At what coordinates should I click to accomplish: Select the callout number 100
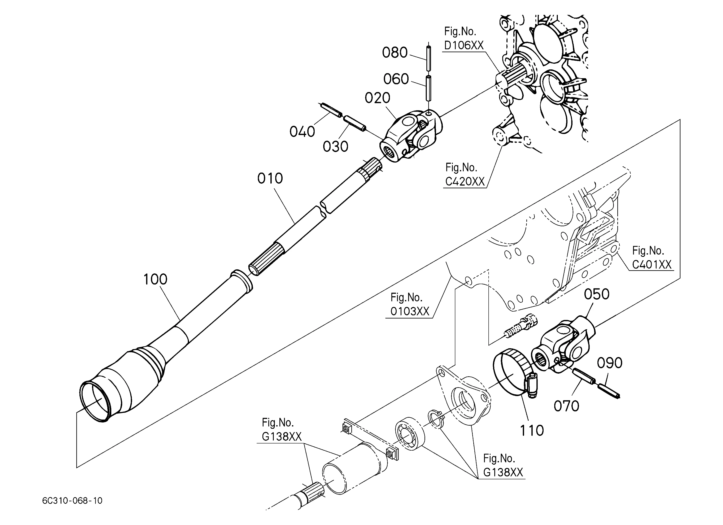[x=155, y=279]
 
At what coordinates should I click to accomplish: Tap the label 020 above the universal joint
[x=378, y=98]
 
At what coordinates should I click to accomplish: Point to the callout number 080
[x=395, y=53]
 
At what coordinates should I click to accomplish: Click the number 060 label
[x=396, y=79]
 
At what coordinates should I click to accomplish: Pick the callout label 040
[x=302, y=131]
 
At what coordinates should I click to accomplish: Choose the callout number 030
[x=335, y=147]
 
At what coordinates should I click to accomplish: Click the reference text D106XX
[x=464, y=45]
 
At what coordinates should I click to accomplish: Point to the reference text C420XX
[x=465, y=181]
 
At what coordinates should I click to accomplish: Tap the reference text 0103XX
[x=410, y=311]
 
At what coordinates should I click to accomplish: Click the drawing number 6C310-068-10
[x=72, y=501]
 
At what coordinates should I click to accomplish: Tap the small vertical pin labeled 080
[x=428, y=58]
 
